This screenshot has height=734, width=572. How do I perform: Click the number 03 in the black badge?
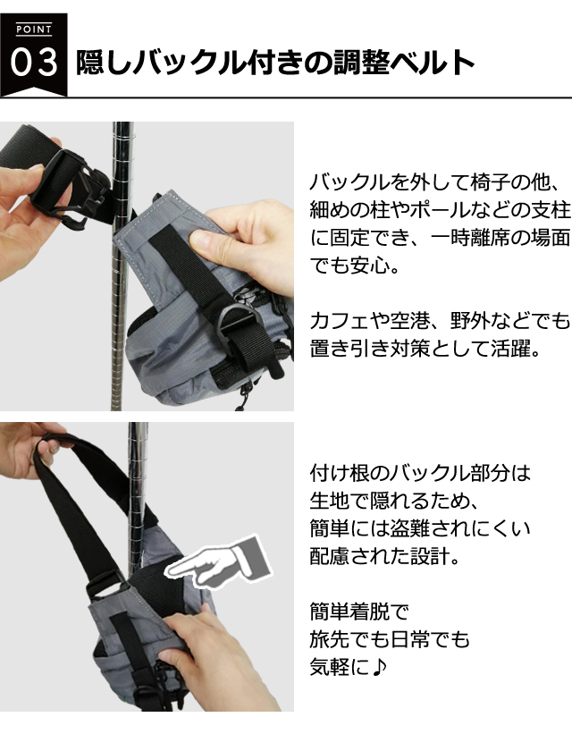34,63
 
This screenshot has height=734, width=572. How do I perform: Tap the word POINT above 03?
34,30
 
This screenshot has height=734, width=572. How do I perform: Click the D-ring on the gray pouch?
240,319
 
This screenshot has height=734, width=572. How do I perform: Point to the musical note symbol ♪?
379,667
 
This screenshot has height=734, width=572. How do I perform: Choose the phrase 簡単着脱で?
359,612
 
